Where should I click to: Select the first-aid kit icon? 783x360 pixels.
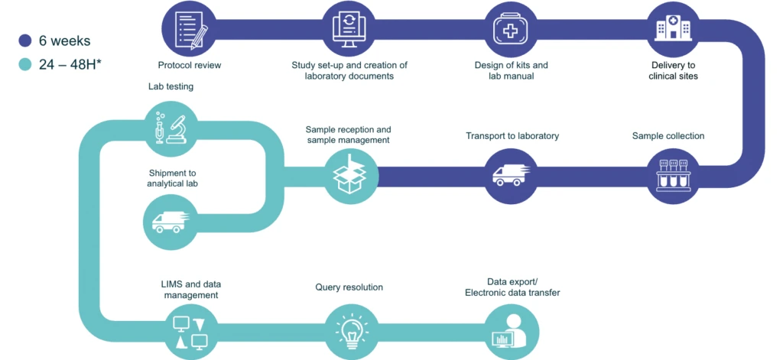(x=510, y=28)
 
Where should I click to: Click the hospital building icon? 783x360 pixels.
(x=673, y=28)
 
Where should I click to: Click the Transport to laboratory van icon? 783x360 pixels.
(x=510, y=176)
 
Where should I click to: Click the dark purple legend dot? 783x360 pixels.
(x=25, y=41)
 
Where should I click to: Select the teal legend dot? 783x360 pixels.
(x=25, y=64)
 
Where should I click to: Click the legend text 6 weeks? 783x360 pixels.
(x=65, y=41)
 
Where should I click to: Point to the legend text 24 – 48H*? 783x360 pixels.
(x=70, y=64)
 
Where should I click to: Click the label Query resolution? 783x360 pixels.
(x=349, y=287)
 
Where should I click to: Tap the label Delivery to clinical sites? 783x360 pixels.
(x=673, y=70)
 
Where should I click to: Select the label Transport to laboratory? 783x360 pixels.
(x=512, y=136)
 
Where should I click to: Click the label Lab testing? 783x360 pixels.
(x=171, y=87)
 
